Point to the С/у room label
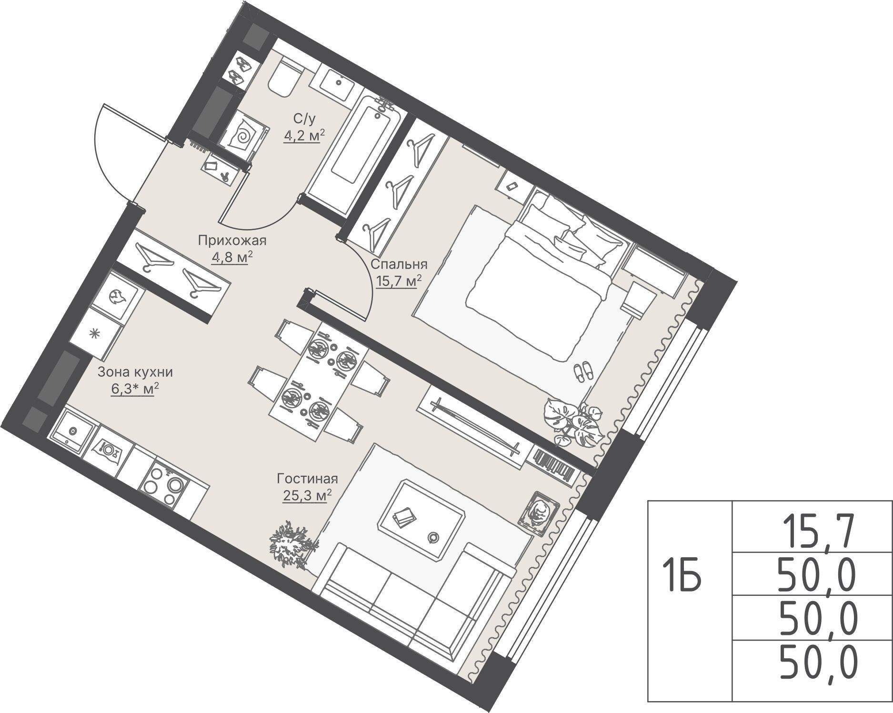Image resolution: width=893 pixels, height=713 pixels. (304, 117)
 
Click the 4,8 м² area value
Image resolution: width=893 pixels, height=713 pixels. (232, 258)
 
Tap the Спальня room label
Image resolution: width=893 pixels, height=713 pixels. (399, 264)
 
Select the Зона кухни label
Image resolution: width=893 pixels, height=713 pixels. (135, 372)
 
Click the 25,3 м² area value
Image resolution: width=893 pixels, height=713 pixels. (305, 495)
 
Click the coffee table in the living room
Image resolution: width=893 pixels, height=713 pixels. (421, 517)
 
